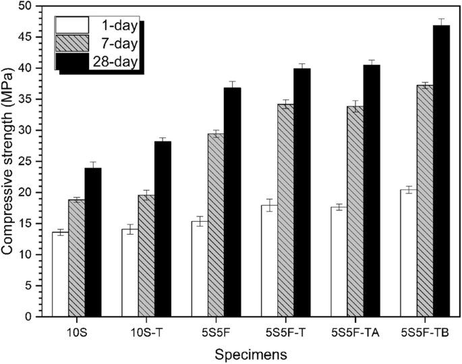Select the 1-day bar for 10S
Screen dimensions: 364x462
60,274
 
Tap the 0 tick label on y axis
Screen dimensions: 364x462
28,316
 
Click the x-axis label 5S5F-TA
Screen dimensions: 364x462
355,332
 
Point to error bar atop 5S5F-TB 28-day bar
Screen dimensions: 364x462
442,23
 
